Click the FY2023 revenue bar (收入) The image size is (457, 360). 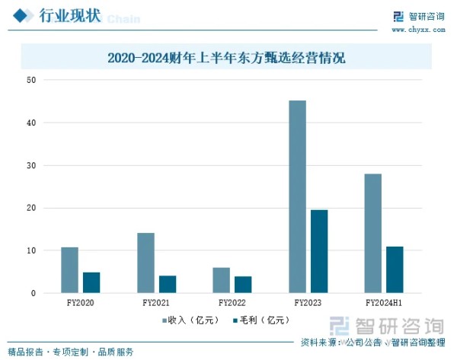pyautogui.click(x=297, y=196)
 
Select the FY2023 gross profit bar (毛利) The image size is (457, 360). pyautogui.click(x=319, y=251)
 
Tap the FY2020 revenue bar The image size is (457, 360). pyautogui.click(x=69, y=270)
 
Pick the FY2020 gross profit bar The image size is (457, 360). pyautogui.click(x=91, y=282)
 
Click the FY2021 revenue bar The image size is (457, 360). pyautogui.click(x=145, y=263)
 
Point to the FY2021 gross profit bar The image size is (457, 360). pyautogui.click(x=168, y=284)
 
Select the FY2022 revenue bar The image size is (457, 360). pyautogui.click(x=221, y=280)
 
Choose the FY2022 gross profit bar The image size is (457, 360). pyautogui.click(x=243, y=285)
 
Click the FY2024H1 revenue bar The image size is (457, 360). pyautogui.click(x=372, y=233)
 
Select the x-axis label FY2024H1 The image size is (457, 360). pyautogui.click(x=384, y=302)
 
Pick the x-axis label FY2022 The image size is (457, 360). pyautogui.click(x=232, y=302)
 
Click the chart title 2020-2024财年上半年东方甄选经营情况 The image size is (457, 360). pyautogui.click(x=226, y=57)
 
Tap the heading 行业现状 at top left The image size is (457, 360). pyautogui.click(x=69, y=17)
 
